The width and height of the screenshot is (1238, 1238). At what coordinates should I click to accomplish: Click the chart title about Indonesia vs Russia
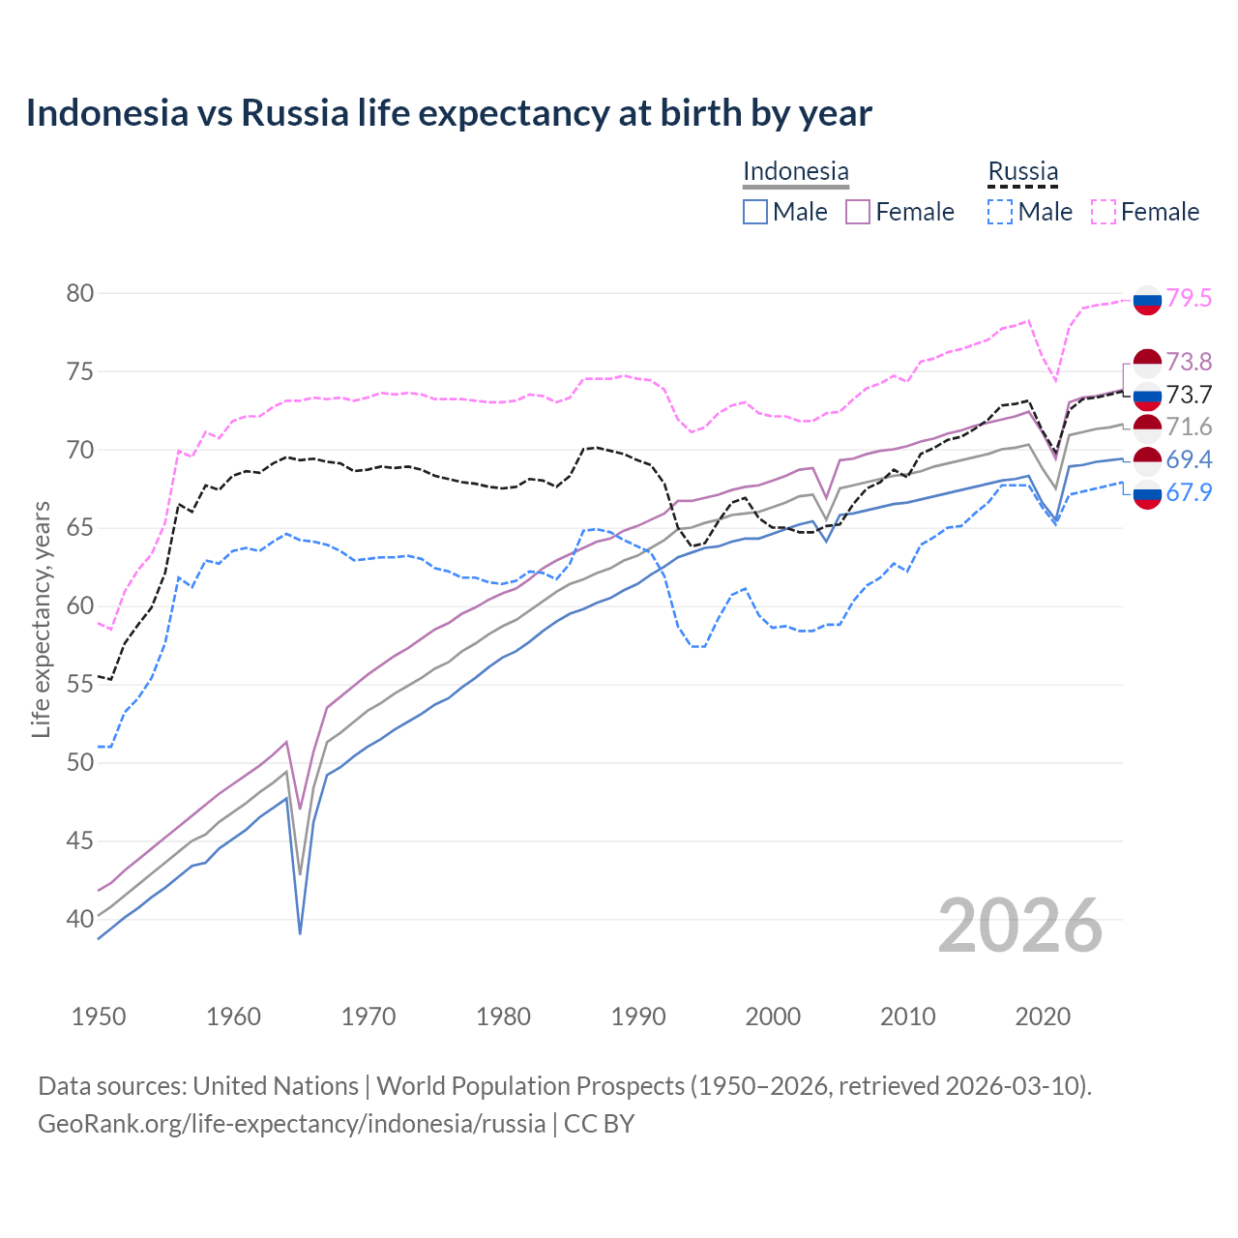(449, 113)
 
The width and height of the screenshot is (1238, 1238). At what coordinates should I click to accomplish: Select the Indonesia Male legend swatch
(755, 212)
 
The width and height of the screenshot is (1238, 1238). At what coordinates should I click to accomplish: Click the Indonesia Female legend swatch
(858, 212)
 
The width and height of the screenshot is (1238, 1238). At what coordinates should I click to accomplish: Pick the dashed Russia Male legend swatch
(1000, 212)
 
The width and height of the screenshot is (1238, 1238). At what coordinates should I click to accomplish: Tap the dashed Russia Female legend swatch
(1104, 212)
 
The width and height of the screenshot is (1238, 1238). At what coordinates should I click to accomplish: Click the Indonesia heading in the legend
(795, 171)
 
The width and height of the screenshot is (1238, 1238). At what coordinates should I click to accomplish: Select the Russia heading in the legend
(1022, 171)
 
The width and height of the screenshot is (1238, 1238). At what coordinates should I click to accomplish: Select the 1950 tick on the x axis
(99, 1017)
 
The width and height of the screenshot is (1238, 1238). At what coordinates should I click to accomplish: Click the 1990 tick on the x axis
(638, 1017)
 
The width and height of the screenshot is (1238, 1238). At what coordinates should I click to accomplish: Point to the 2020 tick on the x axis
(1043, 1017)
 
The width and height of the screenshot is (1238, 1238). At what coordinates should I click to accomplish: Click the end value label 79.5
(1189, 298)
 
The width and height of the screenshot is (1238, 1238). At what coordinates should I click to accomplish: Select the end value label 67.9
(1189, 492)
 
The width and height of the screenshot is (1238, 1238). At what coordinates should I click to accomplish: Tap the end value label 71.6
(1189, 427)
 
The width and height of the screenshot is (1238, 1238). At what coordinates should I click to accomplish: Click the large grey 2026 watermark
(1020, 926)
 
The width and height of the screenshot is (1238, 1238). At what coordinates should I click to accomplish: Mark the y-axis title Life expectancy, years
(41, 619)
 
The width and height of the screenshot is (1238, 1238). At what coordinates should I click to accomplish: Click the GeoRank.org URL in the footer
(291, 1124)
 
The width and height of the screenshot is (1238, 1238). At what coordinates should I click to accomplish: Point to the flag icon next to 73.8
(1146, 363)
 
